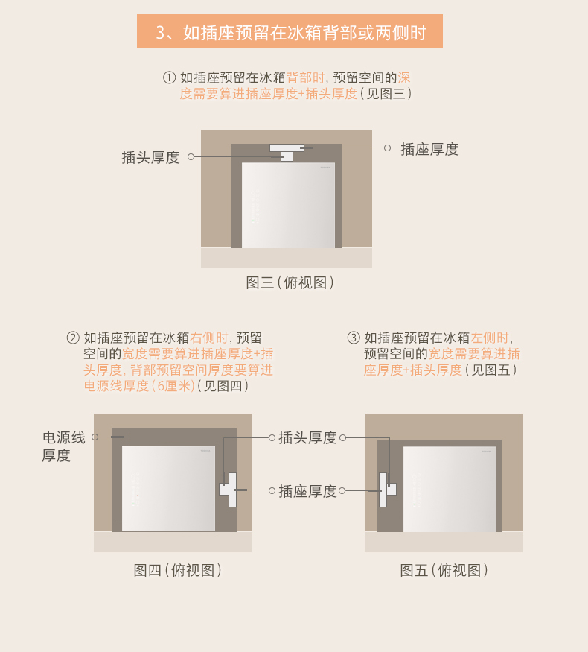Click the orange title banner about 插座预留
coord(290,31)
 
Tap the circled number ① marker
coord(169,77)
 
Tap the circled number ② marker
coord(73,338)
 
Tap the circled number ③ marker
coord(354,338)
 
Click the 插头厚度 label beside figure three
coord(150,157)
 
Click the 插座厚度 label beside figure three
coord(429,149)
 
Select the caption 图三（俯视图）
coord(290,282)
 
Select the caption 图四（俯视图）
coord(177,570)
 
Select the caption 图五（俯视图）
coord(444,570)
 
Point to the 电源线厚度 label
coord(63,446)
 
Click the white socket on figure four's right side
coord(228,490)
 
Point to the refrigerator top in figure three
coord(289,206)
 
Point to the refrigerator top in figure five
coord(450,489)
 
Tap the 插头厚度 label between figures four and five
coord(307,438)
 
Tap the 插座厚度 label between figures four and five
coord(307,491)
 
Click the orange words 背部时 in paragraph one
coord(306,77)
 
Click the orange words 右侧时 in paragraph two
coord(209,338)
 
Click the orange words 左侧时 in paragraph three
coord(490,338)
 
